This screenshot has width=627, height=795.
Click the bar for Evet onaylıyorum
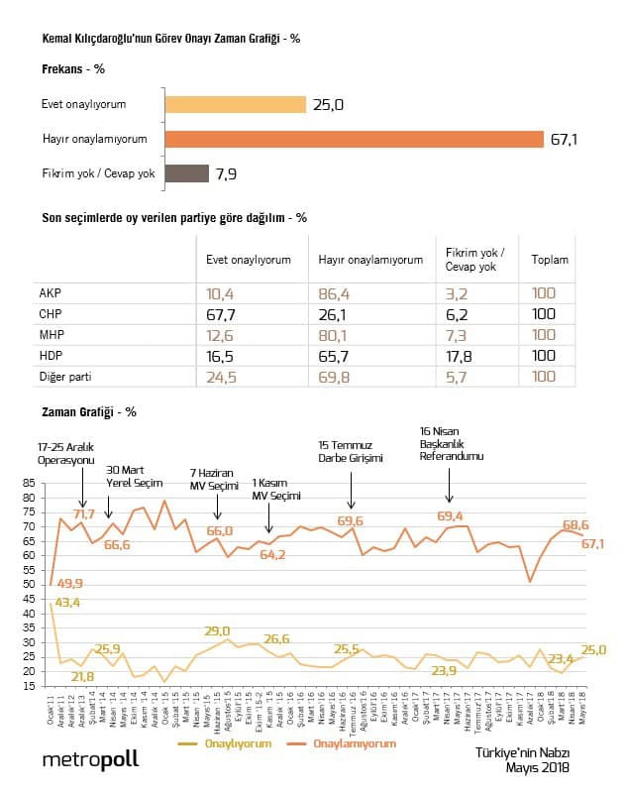click(235, 104)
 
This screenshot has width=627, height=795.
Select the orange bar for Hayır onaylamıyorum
click(355, 139)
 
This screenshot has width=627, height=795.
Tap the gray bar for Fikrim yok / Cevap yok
click(186, 173)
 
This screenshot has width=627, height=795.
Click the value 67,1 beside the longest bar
click(564, 140)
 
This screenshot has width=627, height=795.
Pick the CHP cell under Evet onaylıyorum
click(219, 313)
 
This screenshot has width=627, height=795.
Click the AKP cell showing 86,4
click(333, 294)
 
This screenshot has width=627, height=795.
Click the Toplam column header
click(550, 260)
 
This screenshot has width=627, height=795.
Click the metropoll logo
click(90, 759)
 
